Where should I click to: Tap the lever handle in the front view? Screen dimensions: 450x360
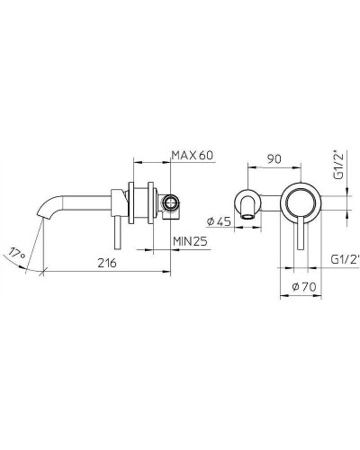(300, 238)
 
